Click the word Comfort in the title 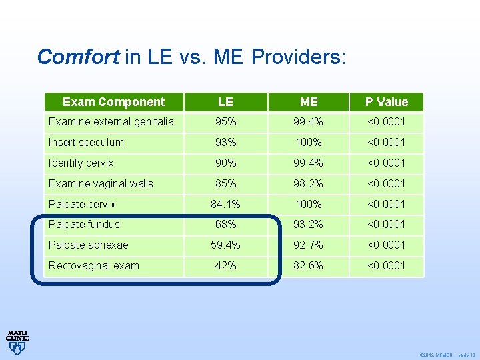point(78,57)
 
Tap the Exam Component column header point(113,102)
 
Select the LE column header point(225,102)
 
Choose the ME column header point(309,102)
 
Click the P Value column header point(386,102)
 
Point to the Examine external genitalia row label point(111,121)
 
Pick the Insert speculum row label point(86,142)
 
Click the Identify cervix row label point(81,163)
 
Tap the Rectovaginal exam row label point(94,265)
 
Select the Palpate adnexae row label point(89,245)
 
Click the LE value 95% point(225,121)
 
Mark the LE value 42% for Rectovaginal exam point(225,265)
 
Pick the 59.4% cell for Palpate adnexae point(225,245)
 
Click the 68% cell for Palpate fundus point(225,224)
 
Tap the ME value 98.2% point(309,183)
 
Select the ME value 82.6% point(309,265)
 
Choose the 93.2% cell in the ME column point(309,224)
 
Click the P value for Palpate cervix point(386,204)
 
